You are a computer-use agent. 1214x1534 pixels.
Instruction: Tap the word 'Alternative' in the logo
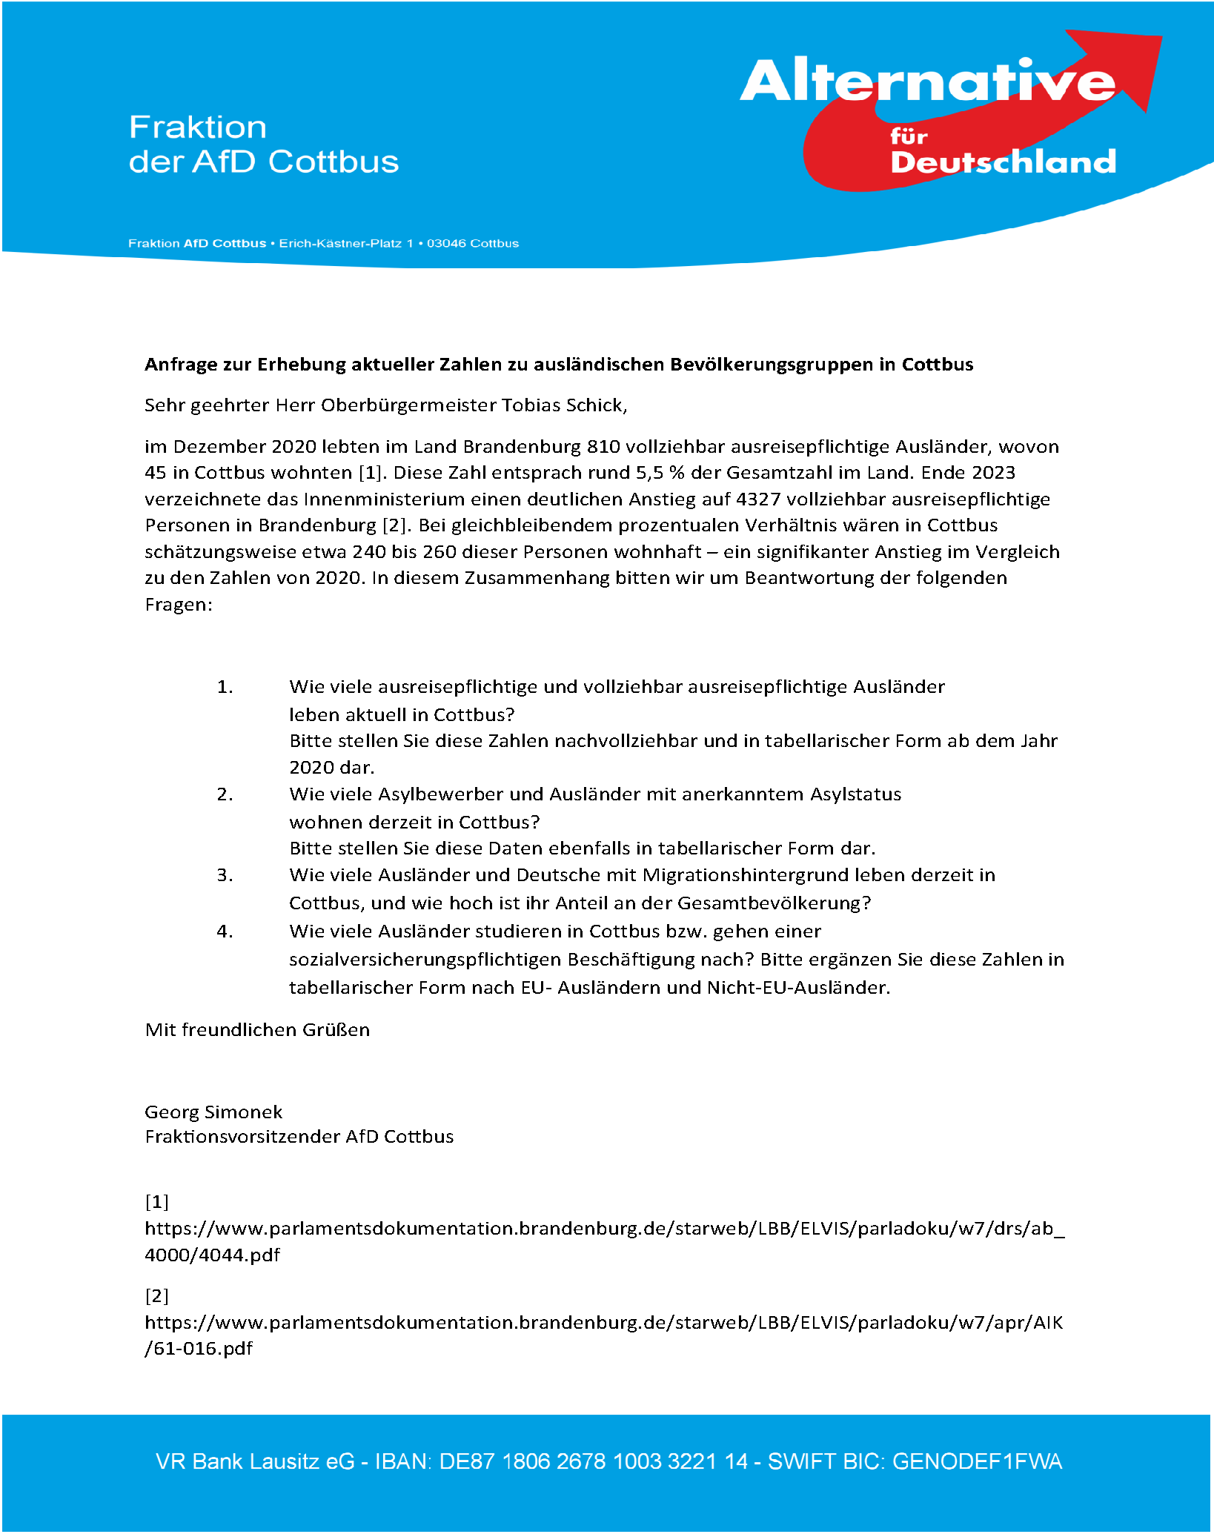click(x=926, y=82)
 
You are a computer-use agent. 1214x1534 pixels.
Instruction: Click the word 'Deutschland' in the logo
click(x=1003, y=162)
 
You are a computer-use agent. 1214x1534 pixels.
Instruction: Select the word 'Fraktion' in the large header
click(x=198, y=127)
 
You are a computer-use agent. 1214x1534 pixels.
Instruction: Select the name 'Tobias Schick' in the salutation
click(x=563, y=405)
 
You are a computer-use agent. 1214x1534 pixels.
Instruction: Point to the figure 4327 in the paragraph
click(x=758, y=499)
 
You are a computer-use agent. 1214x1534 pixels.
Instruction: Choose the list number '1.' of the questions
click(x=225, y=687)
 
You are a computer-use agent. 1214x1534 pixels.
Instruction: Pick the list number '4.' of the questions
click(x=225, y=932)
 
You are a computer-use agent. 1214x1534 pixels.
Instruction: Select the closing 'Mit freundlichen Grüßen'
click(x=257, y=1030)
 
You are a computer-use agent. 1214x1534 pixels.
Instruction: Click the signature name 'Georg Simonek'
click(x=213, y=1112)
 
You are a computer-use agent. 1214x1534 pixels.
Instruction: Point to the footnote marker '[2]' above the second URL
click(x=157, y=1296)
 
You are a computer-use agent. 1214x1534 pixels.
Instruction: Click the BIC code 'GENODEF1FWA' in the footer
click(x=977, y=1461)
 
